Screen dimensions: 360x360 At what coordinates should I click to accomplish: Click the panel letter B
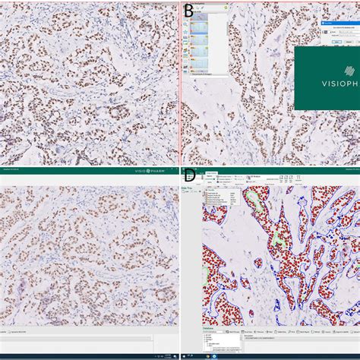(x=188, y=11)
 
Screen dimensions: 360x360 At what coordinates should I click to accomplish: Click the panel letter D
(x=189, y=176)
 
